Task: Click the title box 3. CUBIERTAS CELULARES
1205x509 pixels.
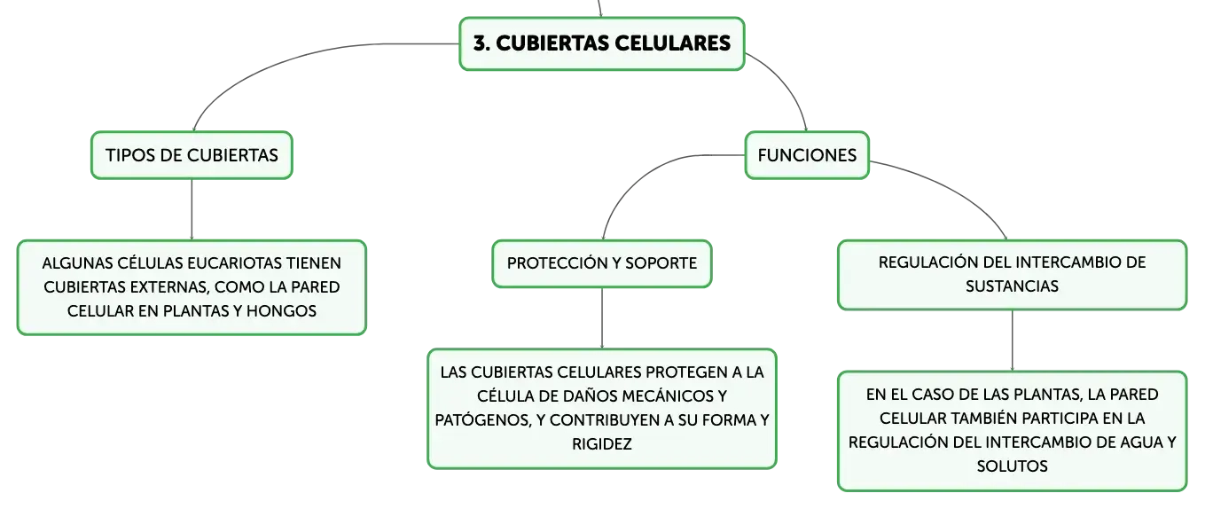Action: coord(602,43)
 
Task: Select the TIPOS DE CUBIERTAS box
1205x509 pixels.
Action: coord(192,155)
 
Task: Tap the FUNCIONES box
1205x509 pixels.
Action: coord(807,155)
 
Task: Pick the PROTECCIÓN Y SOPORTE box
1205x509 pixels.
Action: coord(602,263)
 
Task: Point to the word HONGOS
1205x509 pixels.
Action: coord(281,311)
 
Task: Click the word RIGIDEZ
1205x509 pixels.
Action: coord(602,444)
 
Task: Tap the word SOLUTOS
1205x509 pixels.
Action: coord(1012,466)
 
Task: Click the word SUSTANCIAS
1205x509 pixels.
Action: coord(1012,286)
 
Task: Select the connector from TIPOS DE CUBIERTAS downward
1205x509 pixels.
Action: coord(192,209)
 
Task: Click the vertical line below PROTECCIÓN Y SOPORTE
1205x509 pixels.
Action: coord(602,318)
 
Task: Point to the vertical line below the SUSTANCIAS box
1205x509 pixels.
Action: coord(1012,341)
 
